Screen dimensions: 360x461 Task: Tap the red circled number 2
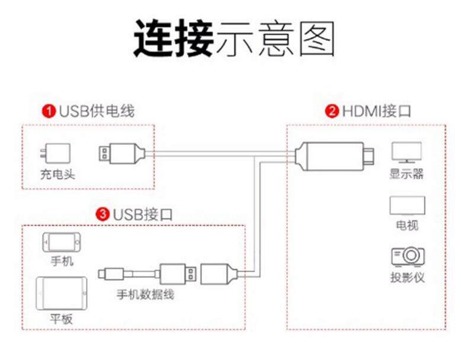pyautogui.click(x=332, y=111)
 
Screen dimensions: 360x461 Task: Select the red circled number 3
pyautogui.click(x=104, y=214)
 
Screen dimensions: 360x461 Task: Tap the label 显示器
pyautogui.click(x=406, y=174)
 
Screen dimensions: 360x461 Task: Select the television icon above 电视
pyautogui.click(x=406, y=205)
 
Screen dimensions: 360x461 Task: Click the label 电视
pyautogui.click(x=406, y=225)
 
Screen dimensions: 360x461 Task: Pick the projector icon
pyautogui.click(x=407, y=256)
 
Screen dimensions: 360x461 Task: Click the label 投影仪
pyautogui.click(x=407, y=277)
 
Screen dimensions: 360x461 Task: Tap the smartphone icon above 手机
pyautogui.click(x=62, y=242)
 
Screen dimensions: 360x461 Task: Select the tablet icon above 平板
pyautogui.click(x=62, y=292)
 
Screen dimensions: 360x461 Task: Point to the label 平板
pyautogui.click(x=61, y=319)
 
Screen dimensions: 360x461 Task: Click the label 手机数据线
pyautogui.click(x=145, y=294)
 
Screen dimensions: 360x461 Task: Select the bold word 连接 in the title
pyautogui.click(x=172, y=39)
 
